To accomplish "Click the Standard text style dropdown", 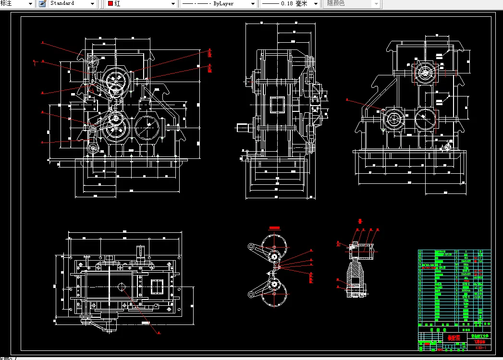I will (x=72, y=3).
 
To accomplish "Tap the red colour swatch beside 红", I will (x=110, y=3).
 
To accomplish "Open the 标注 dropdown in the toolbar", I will (x=17, y=3).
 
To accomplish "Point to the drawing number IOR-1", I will (x=480, y=348).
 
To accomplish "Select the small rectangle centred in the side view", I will (x=278, y=105).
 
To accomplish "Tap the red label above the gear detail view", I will (x=274, y=227).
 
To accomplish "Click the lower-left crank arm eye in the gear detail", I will (x=251, y=294).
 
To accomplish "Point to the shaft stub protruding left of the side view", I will (x=243, y=128).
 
